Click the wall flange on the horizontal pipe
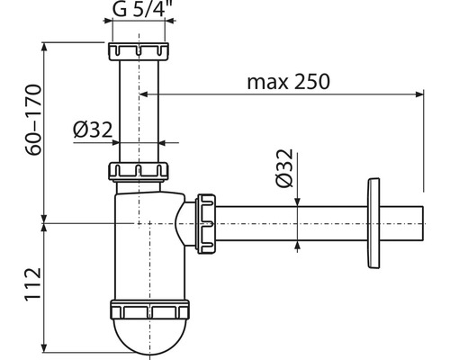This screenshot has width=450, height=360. click(369, 221)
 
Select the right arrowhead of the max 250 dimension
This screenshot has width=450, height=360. click(418, 94)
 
